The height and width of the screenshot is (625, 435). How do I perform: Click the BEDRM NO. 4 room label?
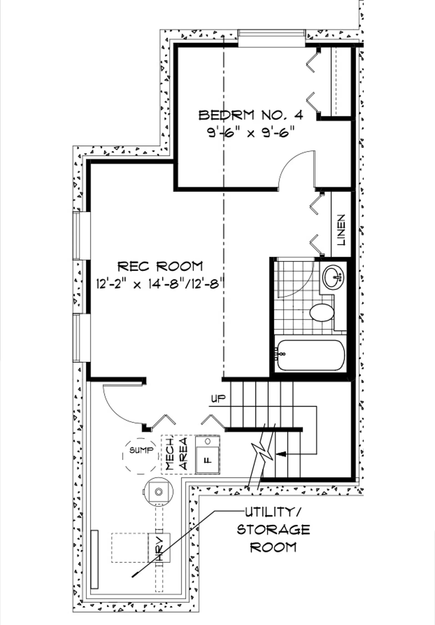click(251, 115)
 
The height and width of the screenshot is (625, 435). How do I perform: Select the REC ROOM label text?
click(160, 266)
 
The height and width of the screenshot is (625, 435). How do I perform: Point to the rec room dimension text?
click(160, 284)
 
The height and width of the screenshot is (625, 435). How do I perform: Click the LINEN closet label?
click(341, 230)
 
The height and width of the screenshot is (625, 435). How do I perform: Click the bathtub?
click(310, 355)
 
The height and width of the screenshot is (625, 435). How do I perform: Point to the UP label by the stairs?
click(218, 399)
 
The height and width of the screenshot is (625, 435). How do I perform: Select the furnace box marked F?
click(207, 454)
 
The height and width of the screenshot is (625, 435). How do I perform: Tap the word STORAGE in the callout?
click(273, 530)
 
